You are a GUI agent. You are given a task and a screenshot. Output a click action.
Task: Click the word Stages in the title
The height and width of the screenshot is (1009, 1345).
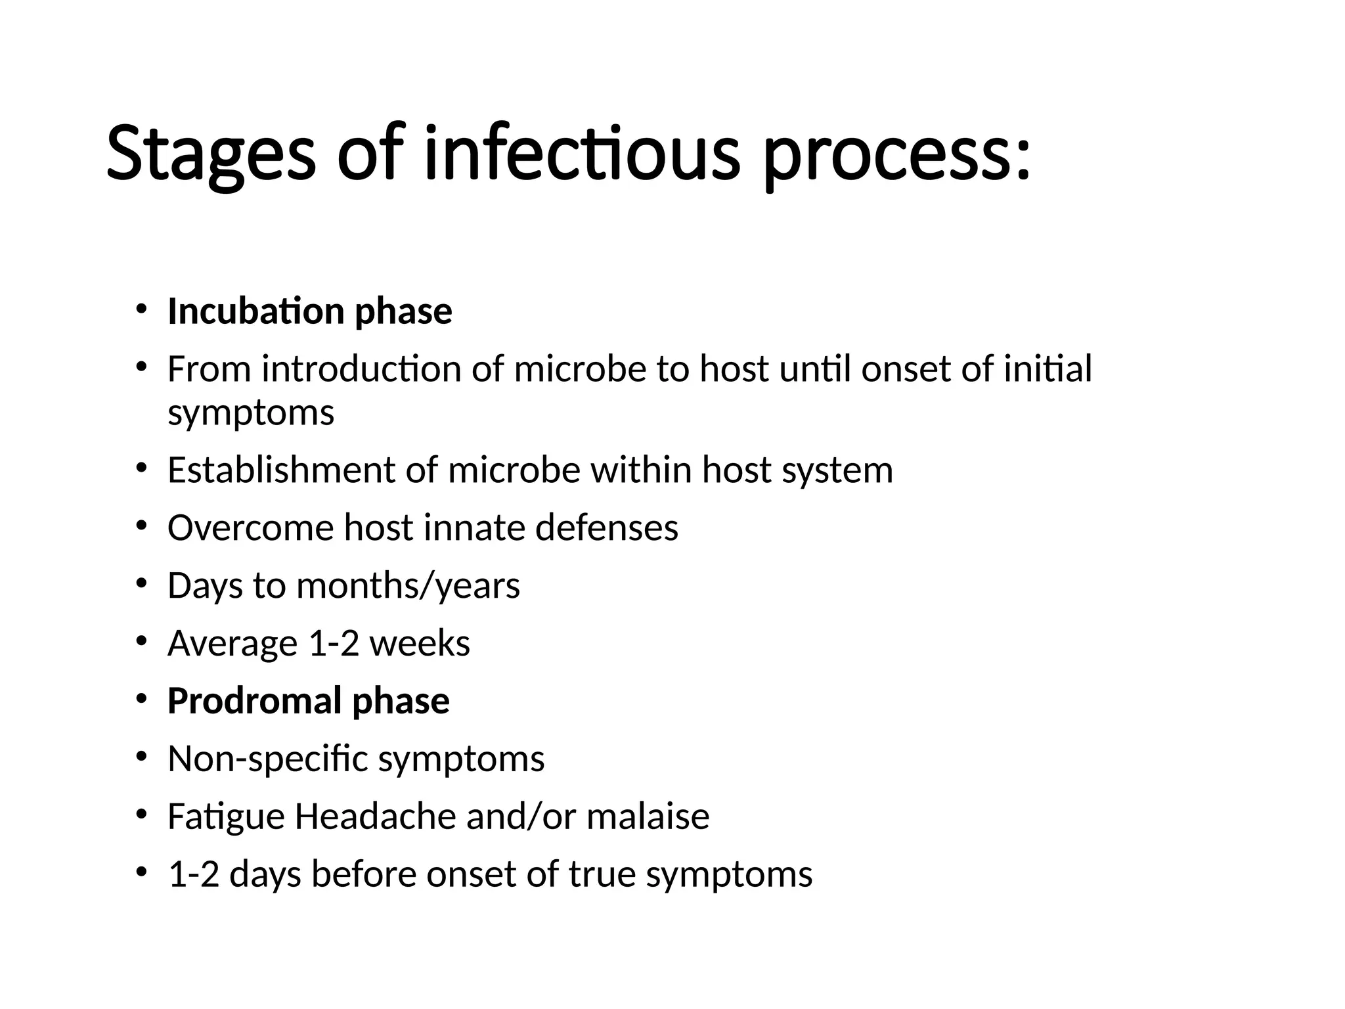click(x=210, y=155)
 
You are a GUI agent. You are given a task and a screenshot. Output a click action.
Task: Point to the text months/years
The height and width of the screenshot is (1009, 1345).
click(x=408, y=585)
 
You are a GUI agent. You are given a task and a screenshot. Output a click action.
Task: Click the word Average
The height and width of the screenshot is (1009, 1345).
click(x=232, y=644)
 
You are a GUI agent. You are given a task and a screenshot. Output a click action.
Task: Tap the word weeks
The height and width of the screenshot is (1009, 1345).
click(x=420, y=643)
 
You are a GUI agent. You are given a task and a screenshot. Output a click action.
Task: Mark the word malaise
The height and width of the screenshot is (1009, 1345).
click(x=648, y=817)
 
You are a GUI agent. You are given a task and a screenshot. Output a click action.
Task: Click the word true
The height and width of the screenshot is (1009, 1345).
click(x=602, y=874)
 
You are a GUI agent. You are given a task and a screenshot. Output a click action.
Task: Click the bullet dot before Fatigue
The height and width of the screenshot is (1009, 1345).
click(x=141, y=815)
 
